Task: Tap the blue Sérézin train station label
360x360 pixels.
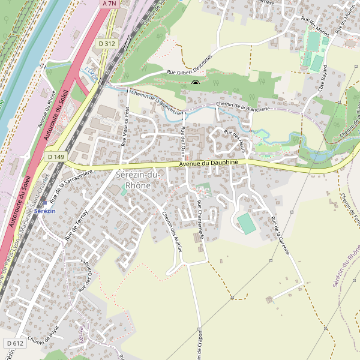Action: click(x=45, y=211)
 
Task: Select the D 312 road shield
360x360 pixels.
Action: click(x=106, y=44)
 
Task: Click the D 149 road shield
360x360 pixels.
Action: click(x=55, y=157)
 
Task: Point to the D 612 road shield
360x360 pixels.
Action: click(x=16, y=343)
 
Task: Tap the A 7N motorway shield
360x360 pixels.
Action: click(x=109, y=4)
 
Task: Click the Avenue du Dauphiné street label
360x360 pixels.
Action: click(x=209, y=163)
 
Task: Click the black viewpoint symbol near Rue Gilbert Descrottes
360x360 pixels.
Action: click(x=195, y=83)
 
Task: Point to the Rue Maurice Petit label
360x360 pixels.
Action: click(x=125, y=127)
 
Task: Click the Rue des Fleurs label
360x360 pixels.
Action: click(x=236, y=137)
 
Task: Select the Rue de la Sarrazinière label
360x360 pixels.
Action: click(x=71, y=185)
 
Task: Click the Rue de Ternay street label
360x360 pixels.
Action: click(x=76, y=226)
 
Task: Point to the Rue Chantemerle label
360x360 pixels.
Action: click(x=200, y=220)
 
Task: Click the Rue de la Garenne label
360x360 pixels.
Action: click(x=280, y=235)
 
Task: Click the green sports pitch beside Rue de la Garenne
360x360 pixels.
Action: click(x=247, y=224)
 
